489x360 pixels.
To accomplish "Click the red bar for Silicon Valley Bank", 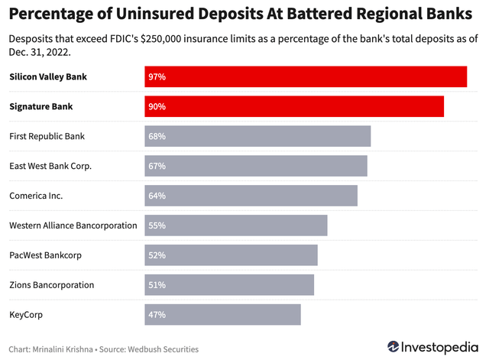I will [306, 77].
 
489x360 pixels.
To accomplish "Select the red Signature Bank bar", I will [294, 107].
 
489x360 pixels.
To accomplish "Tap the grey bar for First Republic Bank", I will [257, 137].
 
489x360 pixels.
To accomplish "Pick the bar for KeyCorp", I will [222, 314].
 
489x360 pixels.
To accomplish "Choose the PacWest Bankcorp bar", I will [231, 255].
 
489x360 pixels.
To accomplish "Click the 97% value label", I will [157, 77].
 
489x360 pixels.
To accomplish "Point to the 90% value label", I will [157, 107].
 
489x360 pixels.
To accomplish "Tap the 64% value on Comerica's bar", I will [157, 196].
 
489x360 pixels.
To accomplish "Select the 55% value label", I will [157, 225].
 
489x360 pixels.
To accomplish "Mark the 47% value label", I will [157, 314].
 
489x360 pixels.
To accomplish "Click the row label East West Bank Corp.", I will [50, 166].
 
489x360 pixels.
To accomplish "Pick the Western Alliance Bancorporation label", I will [73, 225].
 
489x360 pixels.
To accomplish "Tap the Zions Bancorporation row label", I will [52, 285].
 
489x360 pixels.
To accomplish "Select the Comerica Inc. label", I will [36, 196].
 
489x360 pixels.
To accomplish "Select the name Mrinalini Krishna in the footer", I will [66, 349].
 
